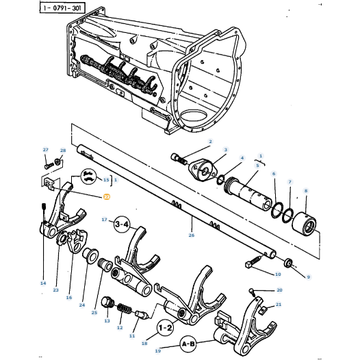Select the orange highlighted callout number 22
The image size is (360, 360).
click(x=106, y=197)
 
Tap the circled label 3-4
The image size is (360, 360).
click(x=122, y=223)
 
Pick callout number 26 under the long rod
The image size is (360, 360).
click(x=192, y=235)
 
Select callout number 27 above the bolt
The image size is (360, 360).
click(x=45, y=150)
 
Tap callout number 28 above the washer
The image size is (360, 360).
click(x=62, y=151)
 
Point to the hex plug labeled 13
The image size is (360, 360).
click(x=106, y=304)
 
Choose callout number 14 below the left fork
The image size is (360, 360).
click(x=43, y=283)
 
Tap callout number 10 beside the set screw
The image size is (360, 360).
click(x=277, y=274)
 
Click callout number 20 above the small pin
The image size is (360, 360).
click(x=279, y=290)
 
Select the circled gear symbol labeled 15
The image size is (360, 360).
click(x=88, y=177)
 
